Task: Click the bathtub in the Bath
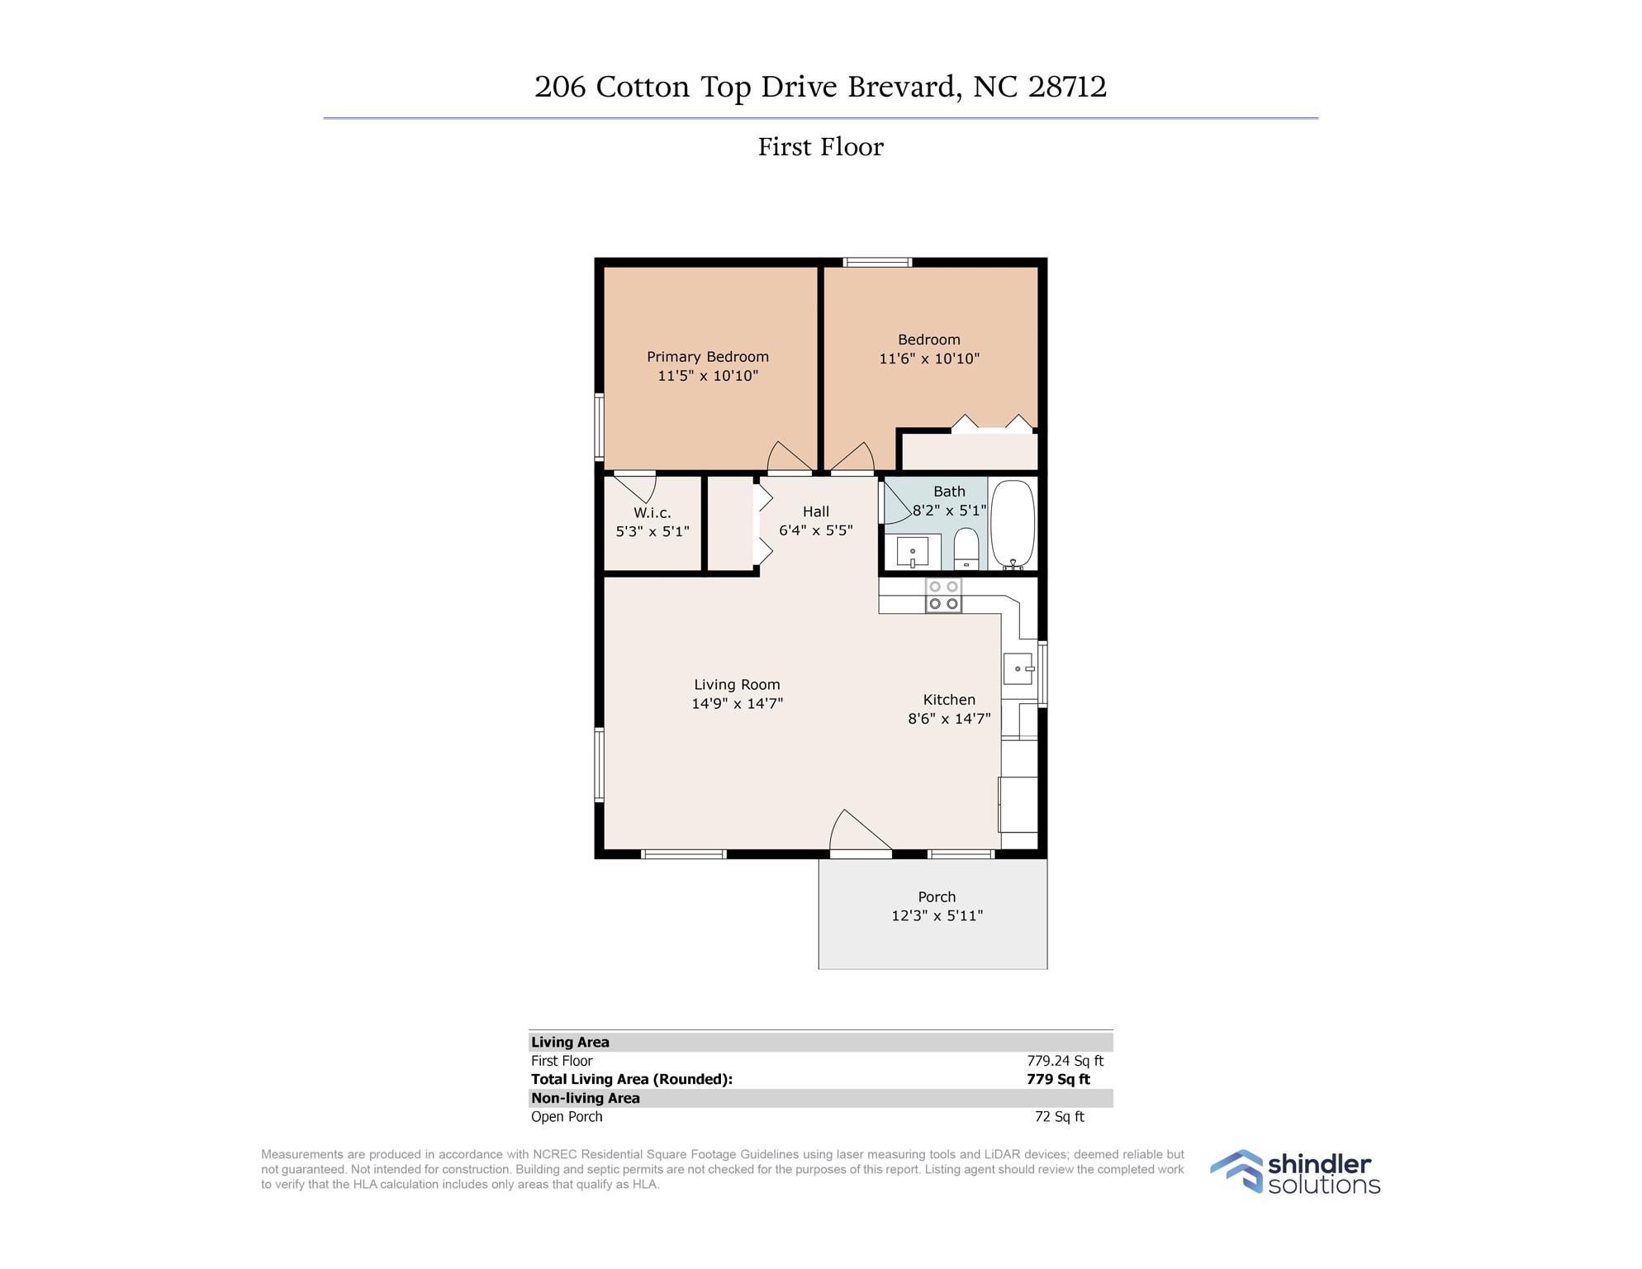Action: [x=1012, y=524]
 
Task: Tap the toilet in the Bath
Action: [x=966, y=549]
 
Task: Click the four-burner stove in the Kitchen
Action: [x=943, y=595]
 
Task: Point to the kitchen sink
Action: [x=1019, y=668]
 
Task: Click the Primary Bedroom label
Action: [x=708, y=357]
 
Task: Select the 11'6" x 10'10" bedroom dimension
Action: [x=929, y=359]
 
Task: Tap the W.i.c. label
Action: [x=653, y=513]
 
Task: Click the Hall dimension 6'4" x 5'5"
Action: [x=816, y=530]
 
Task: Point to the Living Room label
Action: [x=737, y=685]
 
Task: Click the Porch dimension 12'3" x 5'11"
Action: [x=937, y=915]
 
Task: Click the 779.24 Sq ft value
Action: [x=1065, y=1061]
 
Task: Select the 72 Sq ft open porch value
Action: [x=1060, y=1117]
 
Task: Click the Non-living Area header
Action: [x=586, y=1098]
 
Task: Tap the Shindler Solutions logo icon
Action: [x=1236, y=1171]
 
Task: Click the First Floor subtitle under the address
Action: [x=821, y=147]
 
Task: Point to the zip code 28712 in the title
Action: [x=1067, y=87]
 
